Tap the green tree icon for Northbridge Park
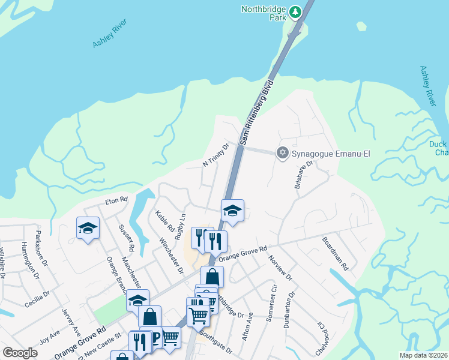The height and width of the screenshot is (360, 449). tap(295, 11)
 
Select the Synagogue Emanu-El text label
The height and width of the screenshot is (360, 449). tap(330, 154)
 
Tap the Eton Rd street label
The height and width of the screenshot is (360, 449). tap(116, 199)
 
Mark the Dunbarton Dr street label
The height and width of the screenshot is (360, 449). tap(292, 307)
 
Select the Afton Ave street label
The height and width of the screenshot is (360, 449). tap(246, 326)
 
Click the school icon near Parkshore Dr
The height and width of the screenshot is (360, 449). tap(88, 229)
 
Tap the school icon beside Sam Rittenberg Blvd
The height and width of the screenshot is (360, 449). tap(232, 211)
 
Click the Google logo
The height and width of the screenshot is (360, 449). tap(20, 353)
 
